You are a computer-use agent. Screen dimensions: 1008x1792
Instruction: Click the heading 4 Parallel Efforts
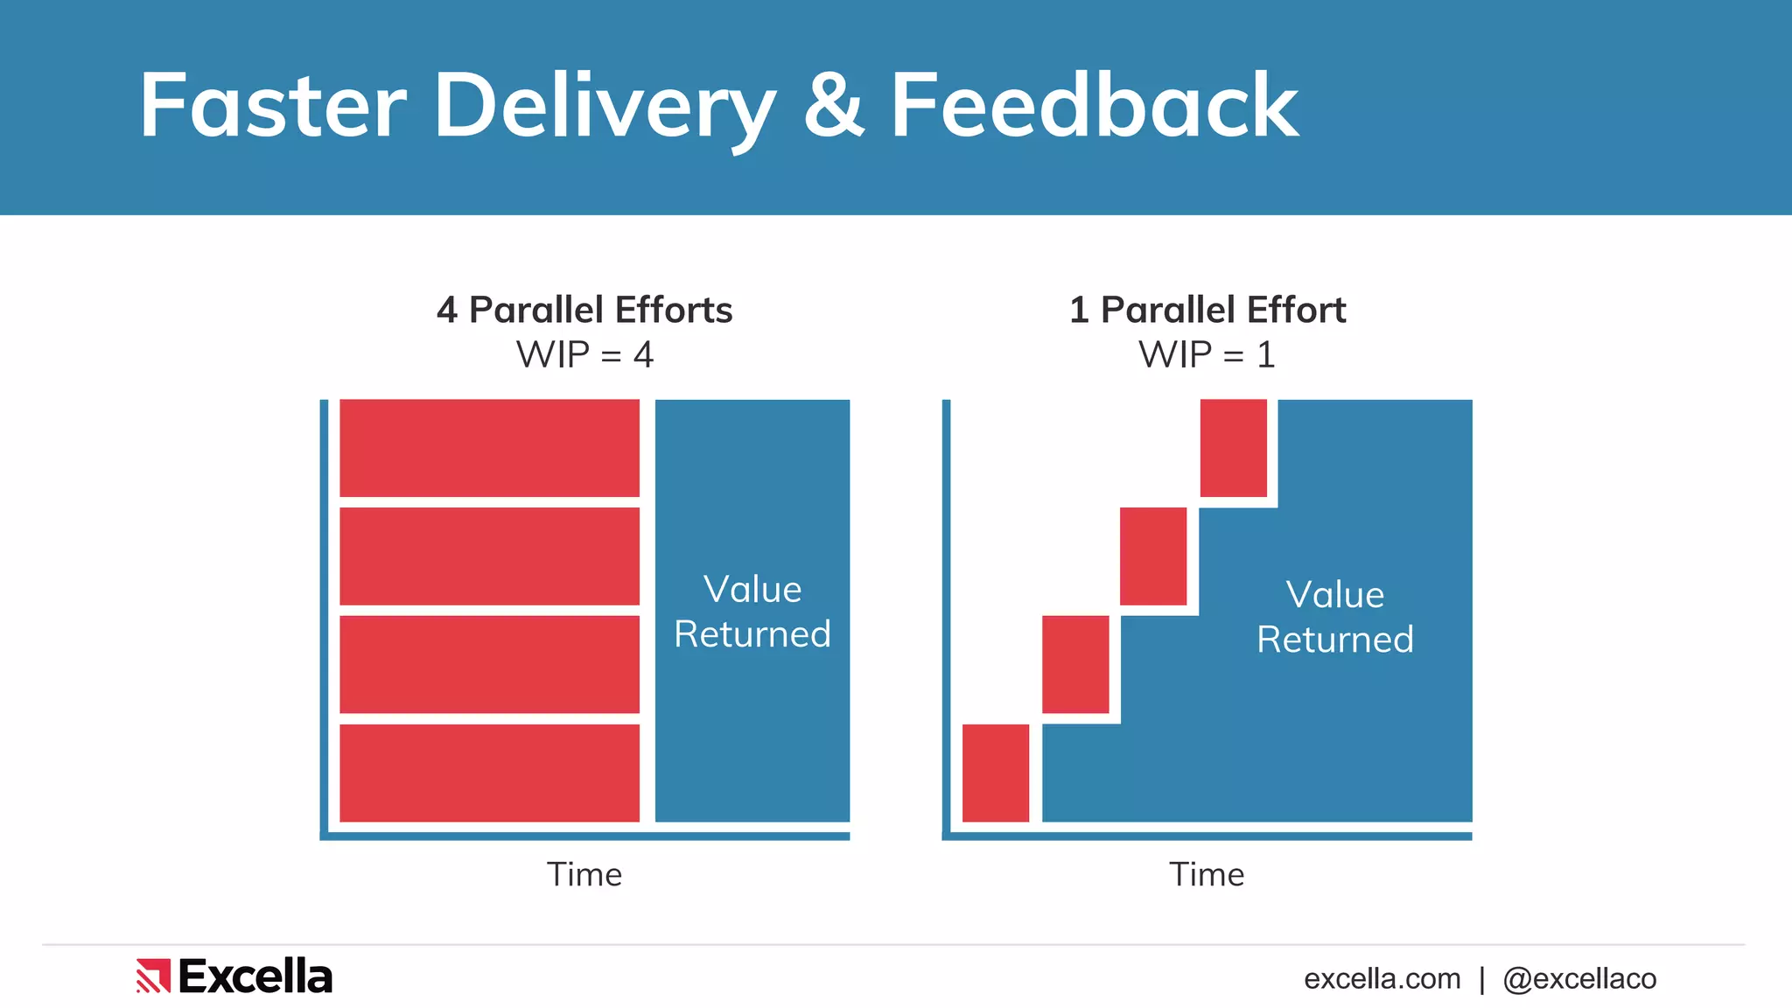584,310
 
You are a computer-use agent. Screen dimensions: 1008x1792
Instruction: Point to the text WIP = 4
584,355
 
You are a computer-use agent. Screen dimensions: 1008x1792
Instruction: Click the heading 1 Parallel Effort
1207,310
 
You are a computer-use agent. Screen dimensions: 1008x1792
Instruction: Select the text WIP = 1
1207,355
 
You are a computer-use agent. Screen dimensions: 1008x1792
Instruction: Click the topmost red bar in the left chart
489,448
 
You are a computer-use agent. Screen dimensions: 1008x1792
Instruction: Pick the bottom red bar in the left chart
489,773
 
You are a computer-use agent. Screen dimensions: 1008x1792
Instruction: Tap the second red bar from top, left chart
489,556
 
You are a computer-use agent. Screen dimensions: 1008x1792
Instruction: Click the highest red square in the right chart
1233,448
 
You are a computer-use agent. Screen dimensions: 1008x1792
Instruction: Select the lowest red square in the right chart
996,773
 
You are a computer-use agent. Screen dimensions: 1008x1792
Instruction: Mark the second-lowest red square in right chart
1075,664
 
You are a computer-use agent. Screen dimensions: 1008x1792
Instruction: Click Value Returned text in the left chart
752,612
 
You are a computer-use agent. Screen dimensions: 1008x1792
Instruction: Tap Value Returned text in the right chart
1335,617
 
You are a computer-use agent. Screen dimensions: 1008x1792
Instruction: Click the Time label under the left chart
584,874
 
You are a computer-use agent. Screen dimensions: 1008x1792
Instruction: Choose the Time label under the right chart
1207,874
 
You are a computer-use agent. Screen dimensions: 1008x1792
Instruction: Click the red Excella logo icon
152,976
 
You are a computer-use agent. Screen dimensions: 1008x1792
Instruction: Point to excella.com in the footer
1382,978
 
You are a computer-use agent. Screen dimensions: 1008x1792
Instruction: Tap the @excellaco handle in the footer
1579,978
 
